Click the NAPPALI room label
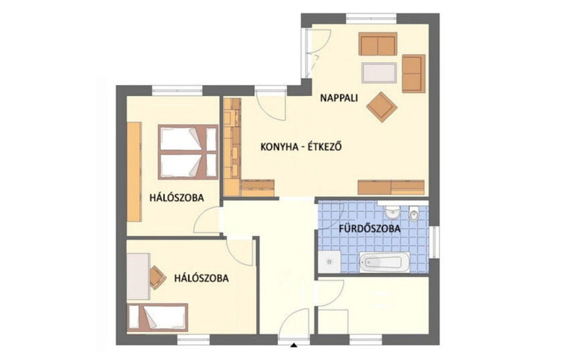(x=338, y=97)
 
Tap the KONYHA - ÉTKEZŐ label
(x=301, y=146)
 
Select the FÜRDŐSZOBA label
(x=369, y=229)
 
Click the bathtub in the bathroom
(x=385, y=262)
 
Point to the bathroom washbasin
(x=392, y=212)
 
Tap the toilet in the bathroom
(x=414, y=213)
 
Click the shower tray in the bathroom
(x=329, y=262)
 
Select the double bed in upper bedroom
(x=188, y=152)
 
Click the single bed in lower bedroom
(x=158, y=317)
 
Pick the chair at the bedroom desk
(x=157, y=277)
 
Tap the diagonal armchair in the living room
(x=382, y=107)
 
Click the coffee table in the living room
(x=379, y=73)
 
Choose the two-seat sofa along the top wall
(x=377, y=44)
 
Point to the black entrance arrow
(x=294, y=345)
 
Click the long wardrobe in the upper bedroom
(x=134, y=172)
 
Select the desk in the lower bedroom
(x=139, y=276)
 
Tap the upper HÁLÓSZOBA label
(x=177, y=198)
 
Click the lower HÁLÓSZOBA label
(x=201, y=278)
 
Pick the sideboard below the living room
(x=391, y=188)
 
